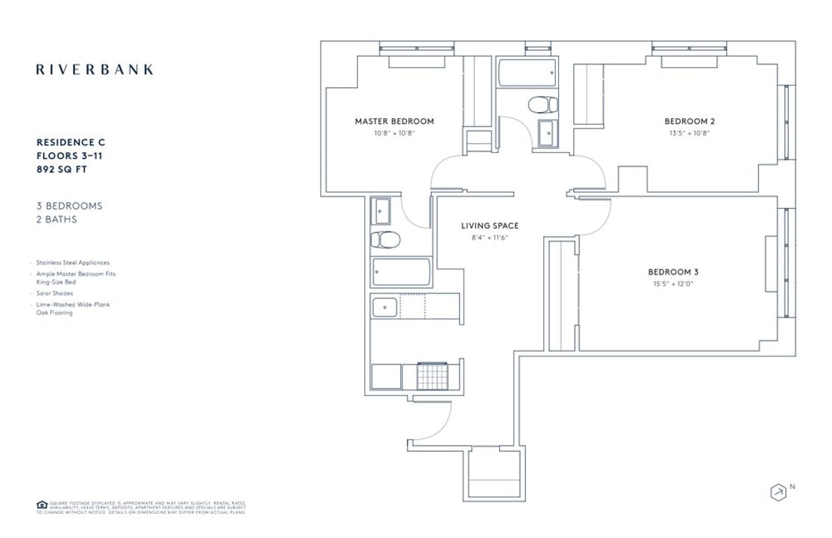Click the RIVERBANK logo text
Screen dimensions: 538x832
pos(95,70)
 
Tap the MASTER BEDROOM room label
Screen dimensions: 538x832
pos(395,121)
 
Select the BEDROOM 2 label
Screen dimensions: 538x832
pos(689,121)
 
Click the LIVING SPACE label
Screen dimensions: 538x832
pos(490,225)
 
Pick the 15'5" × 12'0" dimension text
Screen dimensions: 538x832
pos(673,285)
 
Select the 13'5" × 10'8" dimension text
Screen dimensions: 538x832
pos(689,133)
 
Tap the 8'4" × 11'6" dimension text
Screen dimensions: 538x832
pos(490,238)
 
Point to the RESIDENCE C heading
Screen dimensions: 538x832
pos(75,141)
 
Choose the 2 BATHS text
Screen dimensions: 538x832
pos(57,219)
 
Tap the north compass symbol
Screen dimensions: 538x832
pos(777,493)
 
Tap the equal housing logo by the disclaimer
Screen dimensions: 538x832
pos(41,505)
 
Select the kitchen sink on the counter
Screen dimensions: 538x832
pos(385,307)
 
